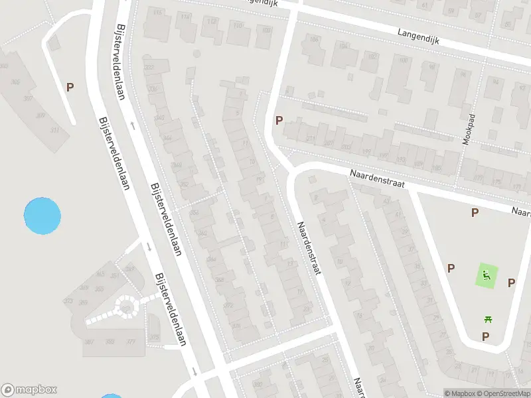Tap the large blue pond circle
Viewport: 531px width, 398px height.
pos(42,216)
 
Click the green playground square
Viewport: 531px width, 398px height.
pos(487,275)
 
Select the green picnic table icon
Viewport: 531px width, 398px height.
pos(489,319)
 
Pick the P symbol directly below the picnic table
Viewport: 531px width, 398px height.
pos(485,336)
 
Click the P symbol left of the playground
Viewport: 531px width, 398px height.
pos(451,268)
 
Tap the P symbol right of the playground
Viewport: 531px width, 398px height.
pos(511,283)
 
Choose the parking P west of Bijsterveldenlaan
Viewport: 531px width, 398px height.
pos(70,87)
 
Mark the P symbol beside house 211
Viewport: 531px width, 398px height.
pos(279,121)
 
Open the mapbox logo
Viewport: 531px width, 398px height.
pos(29,390)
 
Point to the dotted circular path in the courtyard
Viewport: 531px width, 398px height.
pos(125,307)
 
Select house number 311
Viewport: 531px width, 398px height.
pos(54,130)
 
